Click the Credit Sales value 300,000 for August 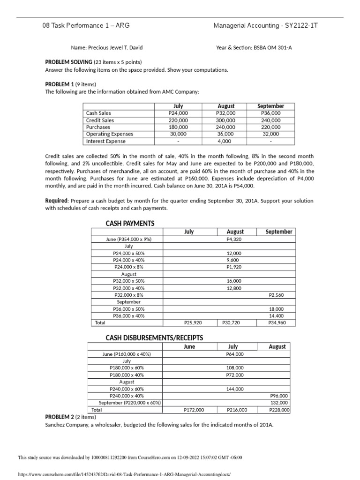coord(225,120)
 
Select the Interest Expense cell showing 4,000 coord(225,141)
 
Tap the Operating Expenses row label coord(110,134)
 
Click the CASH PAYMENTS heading coord(130,223)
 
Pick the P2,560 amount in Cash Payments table coord(276,295)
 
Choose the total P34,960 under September coord(276,323)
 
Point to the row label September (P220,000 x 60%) coord(129,403)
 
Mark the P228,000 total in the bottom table coord(279,410)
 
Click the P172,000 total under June coord(194,410)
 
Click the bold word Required coord(56,201)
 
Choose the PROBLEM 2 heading coord(63,417)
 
